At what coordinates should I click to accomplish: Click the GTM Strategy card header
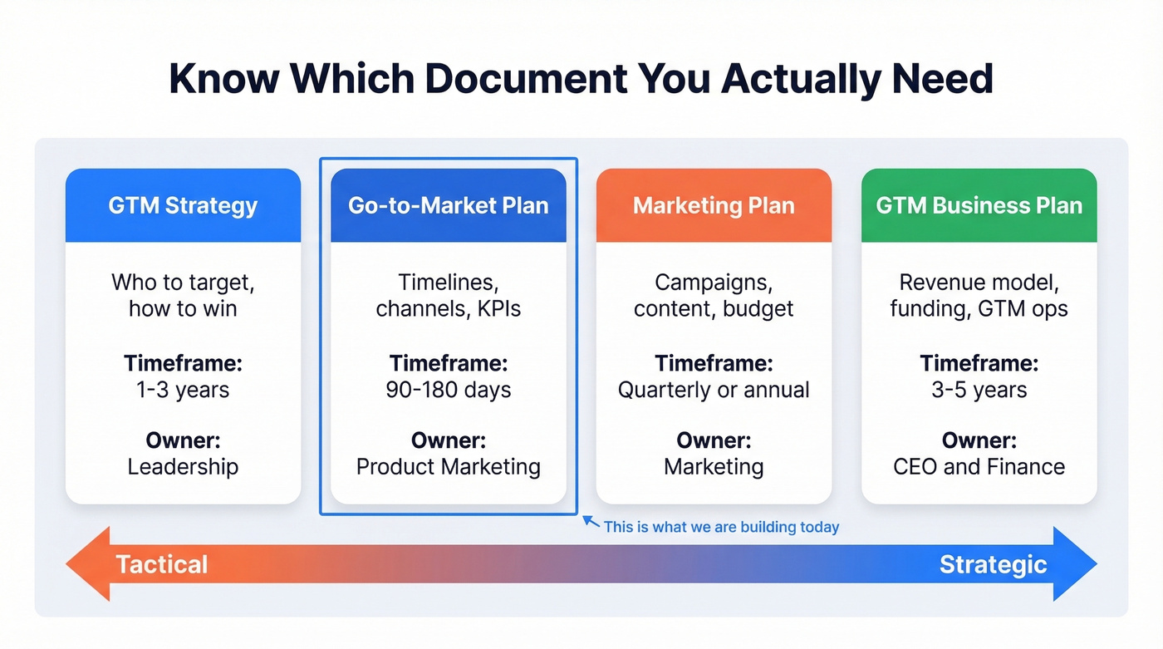tap(183, 205)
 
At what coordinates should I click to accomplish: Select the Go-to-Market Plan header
tap(448, 205)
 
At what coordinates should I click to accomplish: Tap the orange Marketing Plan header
tap(714, 205)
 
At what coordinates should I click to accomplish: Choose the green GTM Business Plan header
tap(979, 205)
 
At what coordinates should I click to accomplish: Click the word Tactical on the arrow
tap(161, 564)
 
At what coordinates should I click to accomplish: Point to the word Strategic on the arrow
tap(993, 564)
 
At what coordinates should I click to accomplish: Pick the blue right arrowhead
tap(1075, 563)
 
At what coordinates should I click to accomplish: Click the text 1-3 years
tap(183, 390)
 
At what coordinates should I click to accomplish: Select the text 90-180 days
tap(448, 390)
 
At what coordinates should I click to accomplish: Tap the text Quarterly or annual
tap(714, 390)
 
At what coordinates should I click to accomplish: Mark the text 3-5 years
tap(979, 390)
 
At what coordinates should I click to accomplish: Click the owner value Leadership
tap(183, 467)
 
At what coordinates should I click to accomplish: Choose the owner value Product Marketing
tap(448, 467)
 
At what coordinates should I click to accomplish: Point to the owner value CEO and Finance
tap(979, 467)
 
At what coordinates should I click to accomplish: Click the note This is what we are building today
tap(721, 527)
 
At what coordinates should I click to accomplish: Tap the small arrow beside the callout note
tap(591, 522)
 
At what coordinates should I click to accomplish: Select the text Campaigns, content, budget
tap(714, 296)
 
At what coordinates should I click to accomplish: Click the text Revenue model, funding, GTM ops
tap(979, 296)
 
